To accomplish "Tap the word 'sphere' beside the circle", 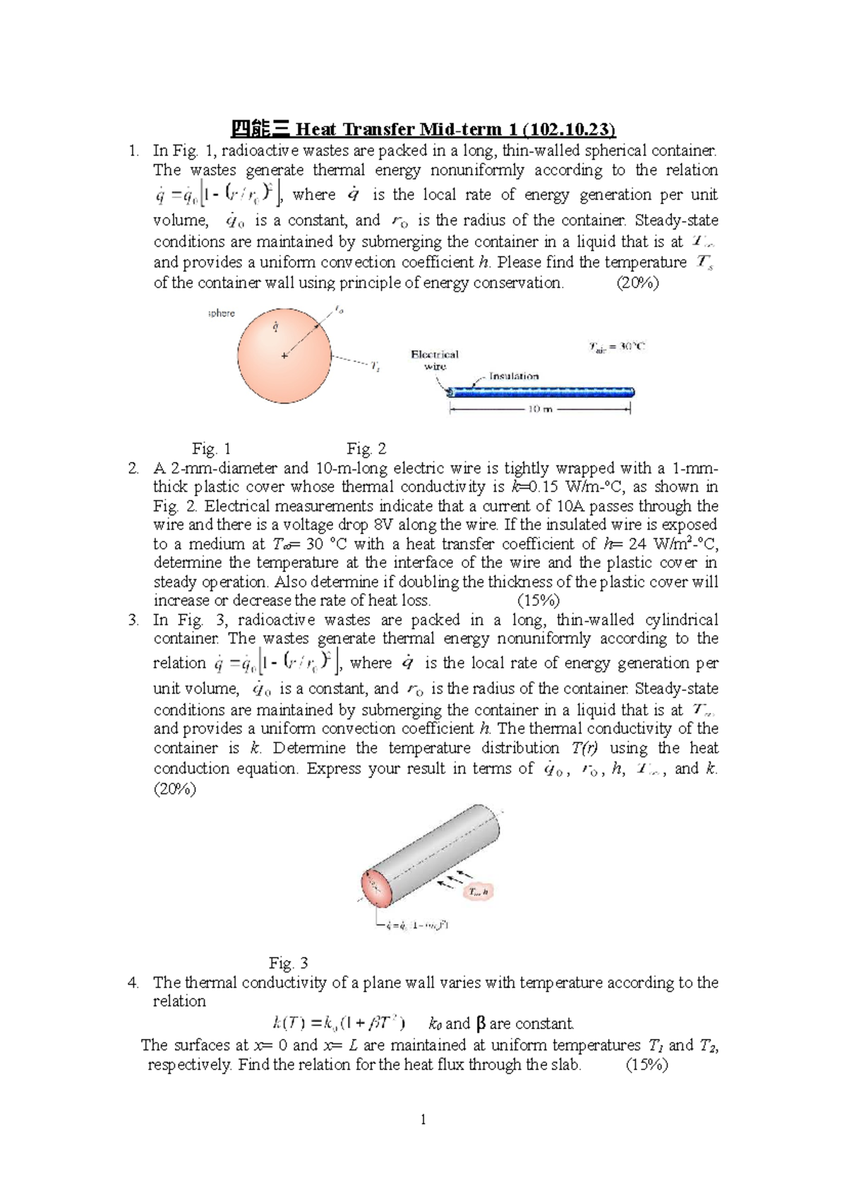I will click(x=222, y=313).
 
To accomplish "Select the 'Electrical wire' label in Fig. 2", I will click(x=435, y=360).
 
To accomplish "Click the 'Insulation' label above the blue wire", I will click(x=514, y=376).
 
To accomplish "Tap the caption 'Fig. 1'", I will click(x=211, y=449).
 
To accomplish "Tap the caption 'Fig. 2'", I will click(x=366, y=449).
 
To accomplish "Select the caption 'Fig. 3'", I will click(x=289, y=963).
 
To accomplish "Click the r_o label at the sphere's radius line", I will click(x=339, y=309).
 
